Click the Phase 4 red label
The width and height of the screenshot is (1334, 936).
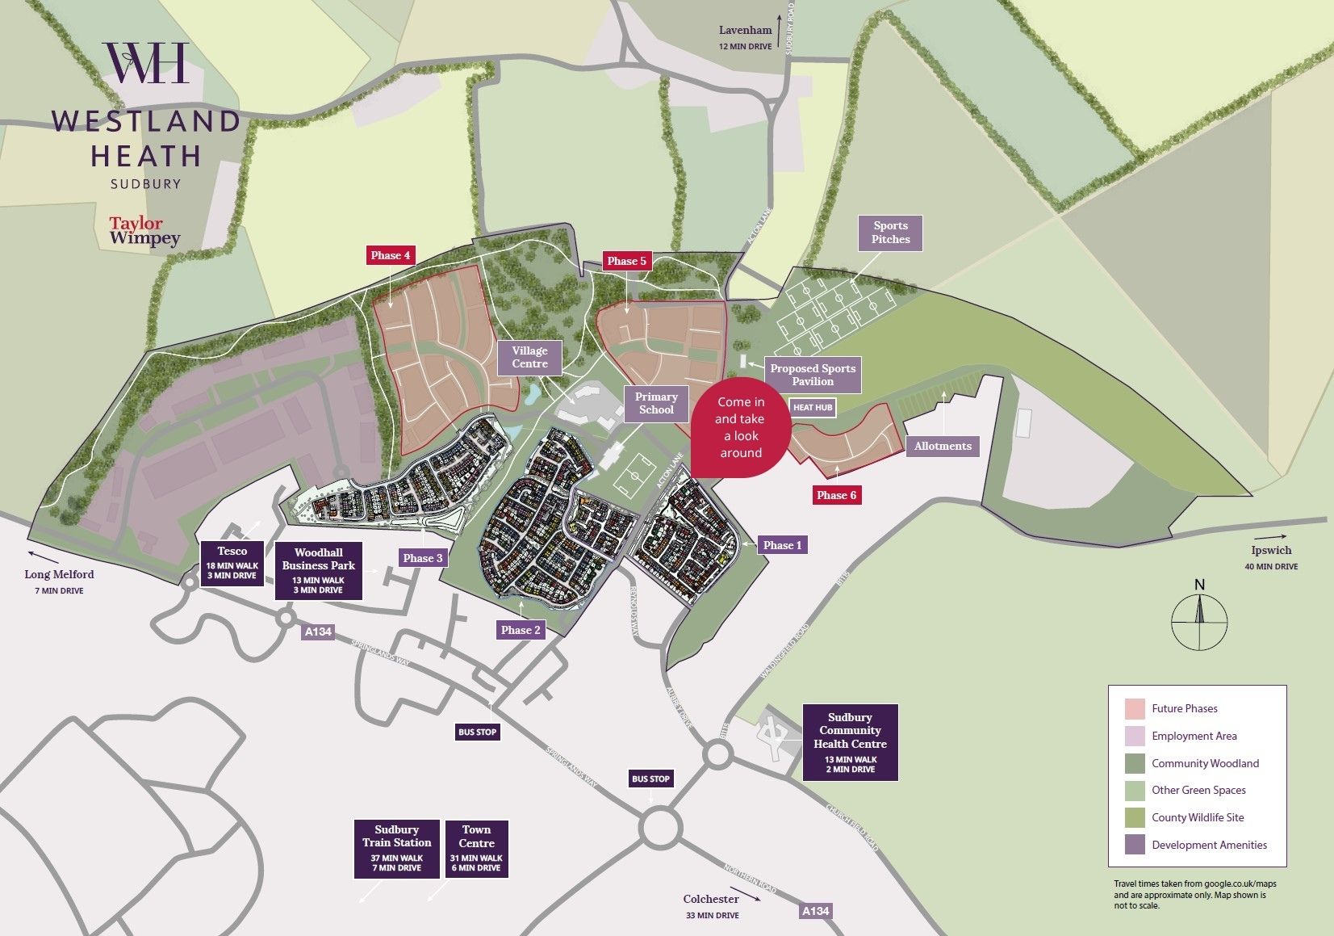coord(391,255)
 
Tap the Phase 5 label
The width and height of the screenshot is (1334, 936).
coord(627,261)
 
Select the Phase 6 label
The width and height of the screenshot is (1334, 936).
coord(836,495)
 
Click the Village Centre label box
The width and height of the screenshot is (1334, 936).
coord(529,357)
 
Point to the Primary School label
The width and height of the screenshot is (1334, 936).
coord(656,403)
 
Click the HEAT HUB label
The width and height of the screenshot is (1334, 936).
coord(812,408)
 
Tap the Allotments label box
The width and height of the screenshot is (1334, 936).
coord(943,446)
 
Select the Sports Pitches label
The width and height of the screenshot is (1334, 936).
coord(890,233)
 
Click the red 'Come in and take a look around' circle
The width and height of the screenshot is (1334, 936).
coord(740,427)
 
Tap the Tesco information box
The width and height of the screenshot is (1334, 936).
coord(232,563)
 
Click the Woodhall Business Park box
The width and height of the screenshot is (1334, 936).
coord(319,571)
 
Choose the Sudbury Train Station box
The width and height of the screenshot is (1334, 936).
coord(397,848)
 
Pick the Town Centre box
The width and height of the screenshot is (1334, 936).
coord(476,848)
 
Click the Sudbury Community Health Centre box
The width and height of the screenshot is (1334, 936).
coord(850,742)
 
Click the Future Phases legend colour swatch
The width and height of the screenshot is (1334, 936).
coord(1135,709)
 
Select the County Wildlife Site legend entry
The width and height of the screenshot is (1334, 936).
coord(1197,817)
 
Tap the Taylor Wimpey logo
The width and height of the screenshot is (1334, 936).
coord(144,230)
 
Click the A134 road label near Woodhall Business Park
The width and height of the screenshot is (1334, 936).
coord(318,632)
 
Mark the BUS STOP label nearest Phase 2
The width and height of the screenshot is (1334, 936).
coord(477,732)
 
